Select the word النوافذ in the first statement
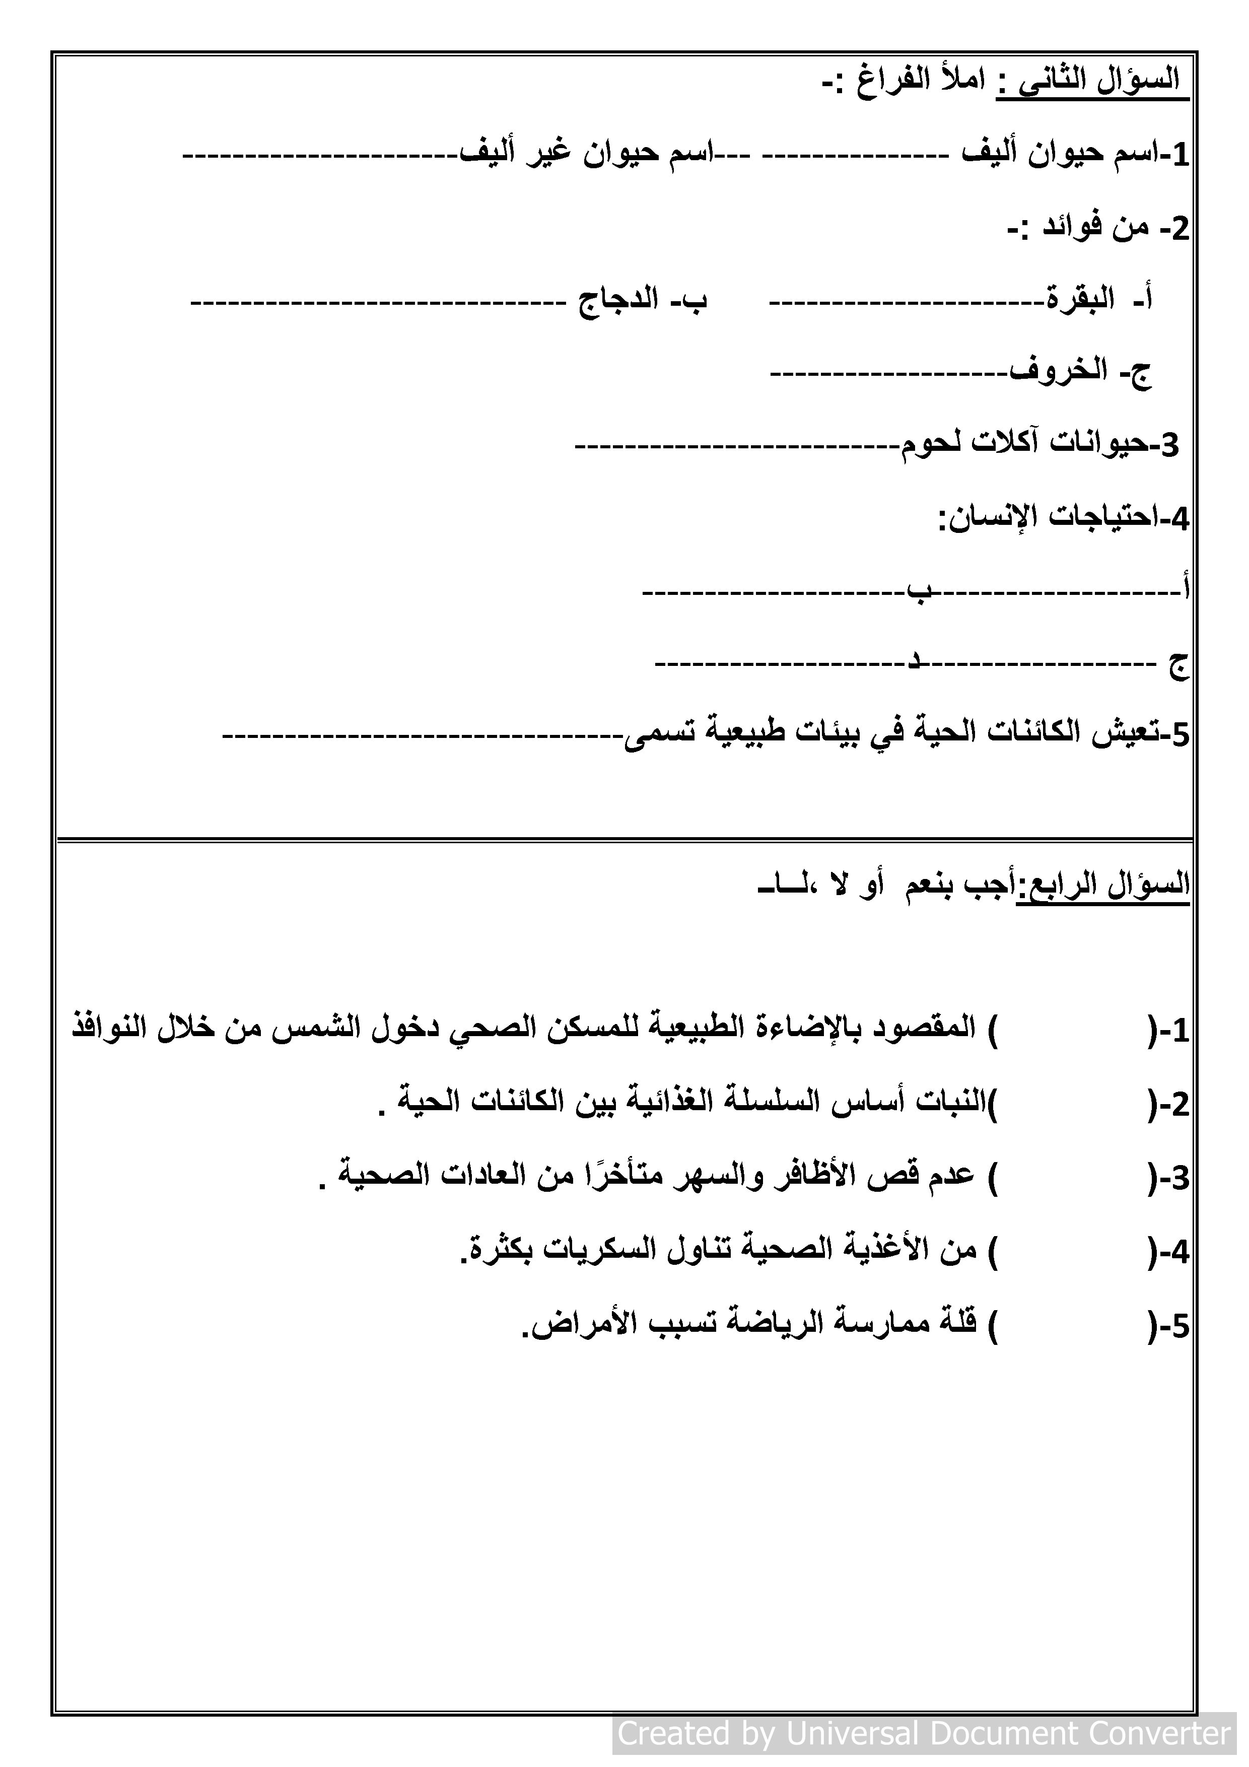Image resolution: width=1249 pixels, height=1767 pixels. tap(112, 1030)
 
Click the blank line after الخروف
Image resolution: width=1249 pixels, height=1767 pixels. tap(889, 374)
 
